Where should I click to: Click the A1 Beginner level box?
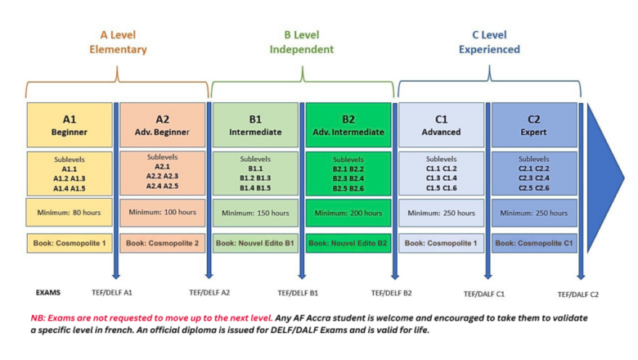(70, 125)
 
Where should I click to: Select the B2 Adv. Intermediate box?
(348, 125)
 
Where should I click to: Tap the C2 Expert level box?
(534, 125)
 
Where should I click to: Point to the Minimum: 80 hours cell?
(70, 213)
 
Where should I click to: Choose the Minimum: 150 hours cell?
(255, 213)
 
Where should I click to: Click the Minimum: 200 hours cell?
(348, 213)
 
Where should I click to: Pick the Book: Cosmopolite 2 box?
(162, 243)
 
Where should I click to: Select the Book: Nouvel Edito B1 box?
(255, 243)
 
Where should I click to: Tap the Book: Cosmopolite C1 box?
(534, 243)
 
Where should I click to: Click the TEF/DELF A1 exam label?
(112, 292)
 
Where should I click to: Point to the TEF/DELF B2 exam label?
(392, 293)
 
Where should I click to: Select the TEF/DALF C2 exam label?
(578, 295)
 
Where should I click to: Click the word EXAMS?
(48, 292)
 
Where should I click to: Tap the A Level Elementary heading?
(118, 42)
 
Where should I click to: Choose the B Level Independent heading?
(302, 42)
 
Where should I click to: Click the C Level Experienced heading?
(489, 42)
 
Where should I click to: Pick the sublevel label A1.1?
(70, 169)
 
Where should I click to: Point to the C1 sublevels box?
(441, 173)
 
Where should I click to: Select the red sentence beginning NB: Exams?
(151, 318)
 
